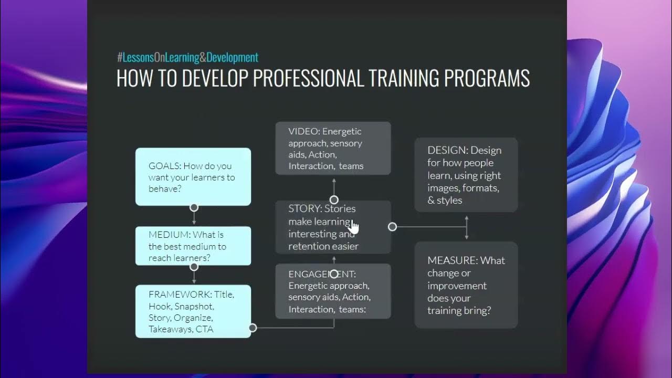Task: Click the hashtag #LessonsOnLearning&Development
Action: point(187,57)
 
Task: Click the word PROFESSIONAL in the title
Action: point(308,78)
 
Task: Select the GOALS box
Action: point(193,177)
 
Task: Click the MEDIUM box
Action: point(193,246)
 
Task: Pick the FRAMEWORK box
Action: point(193,311)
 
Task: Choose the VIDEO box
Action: point(333,149)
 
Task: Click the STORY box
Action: point(333,227)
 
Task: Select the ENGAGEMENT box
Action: point(333,291)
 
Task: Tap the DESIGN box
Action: point(466,175)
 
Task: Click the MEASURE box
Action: point(466,285)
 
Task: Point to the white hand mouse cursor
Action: point(354,227)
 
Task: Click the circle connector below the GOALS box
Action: point(194,207)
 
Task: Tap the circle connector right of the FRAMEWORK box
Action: point(253,328)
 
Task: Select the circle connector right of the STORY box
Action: point(392,227)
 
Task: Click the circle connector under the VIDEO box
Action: point(334,199)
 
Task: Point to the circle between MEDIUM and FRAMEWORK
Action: point(194,267)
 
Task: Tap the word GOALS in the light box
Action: point(164,166)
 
